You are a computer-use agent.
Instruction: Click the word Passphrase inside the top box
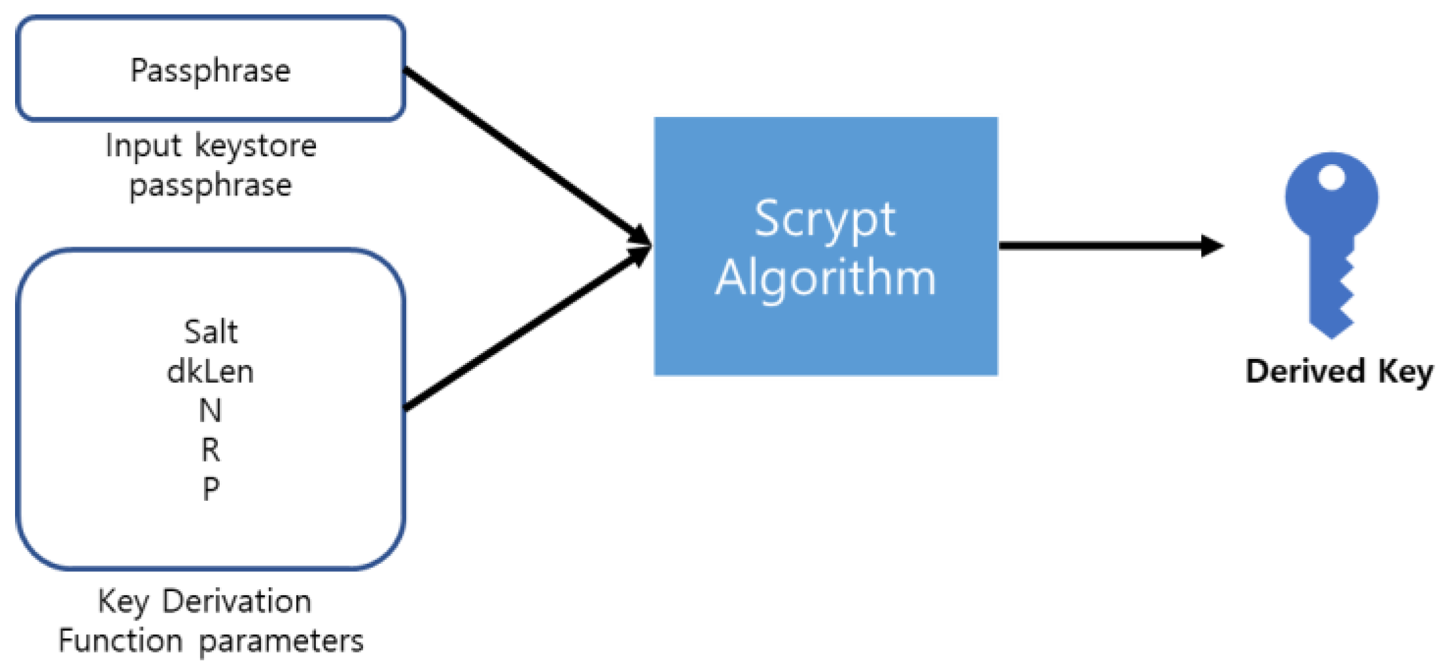click(210, 71)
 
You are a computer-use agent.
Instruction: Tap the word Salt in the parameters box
click(211, 332)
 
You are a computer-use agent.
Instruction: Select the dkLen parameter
click(210, 371)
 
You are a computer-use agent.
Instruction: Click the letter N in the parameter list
click(211, 411)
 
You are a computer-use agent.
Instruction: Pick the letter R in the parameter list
click(211, 450)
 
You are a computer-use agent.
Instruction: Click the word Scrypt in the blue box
click(825, 220)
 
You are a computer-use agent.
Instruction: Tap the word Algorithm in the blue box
click(826, 279)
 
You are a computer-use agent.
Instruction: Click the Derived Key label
click(1338, 371)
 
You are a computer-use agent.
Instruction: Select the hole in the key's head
click(1332, 177)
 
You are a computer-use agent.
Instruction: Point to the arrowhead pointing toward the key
click(1212, 246)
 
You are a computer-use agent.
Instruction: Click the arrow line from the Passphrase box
click(523, 154)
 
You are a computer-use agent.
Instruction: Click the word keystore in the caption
click(256, 146)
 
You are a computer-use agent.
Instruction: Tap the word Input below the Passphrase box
click(143, 146)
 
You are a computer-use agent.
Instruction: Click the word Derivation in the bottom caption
click(236, 602)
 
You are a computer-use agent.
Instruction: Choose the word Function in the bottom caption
click(120, 641)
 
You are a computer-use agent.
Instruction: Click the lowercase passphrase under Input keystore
click(210, 186)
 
